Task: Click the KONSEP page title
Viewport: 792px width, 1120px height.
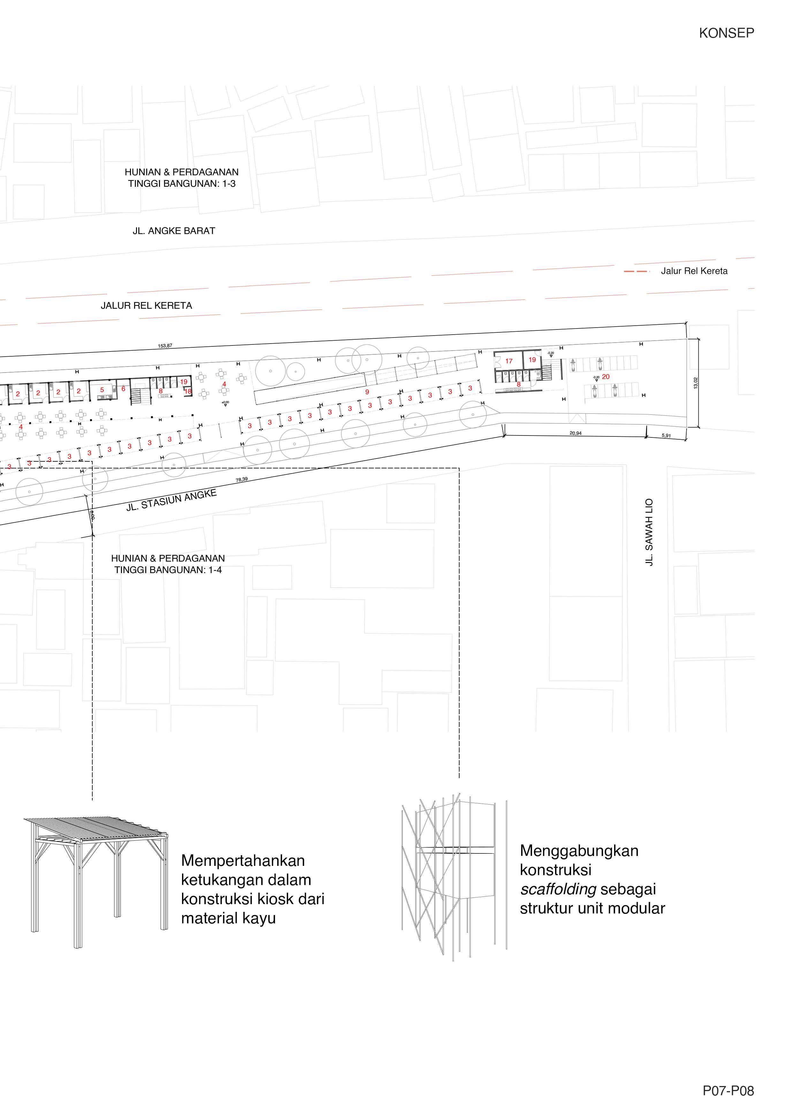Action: (726, 33)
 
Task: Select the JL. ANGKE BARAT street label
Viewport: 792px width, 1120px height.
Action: (174, 231)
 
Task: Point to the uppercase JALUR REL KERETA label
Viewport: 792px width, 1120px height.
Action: (146, 306)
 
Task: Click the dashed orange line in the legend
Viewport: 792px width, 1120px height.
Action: (637, 271)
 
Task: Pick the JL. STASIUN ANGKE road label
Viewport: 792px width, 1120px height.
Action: (171, 501)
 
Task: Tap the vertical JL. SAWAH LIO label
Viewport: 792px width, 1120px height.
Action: (649, 532)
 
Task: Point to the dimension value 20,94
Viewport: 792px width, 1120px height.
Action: (575, 433)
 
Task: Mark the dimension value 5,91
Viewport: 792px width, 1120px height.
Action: (666, 435)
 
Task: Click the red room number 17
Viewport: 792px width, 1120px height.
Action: (509, 361)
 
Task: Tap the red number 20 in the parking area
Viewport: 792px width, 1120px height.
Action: (605, 377)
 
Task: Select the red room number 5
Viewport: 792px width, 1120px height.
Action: (102, 390)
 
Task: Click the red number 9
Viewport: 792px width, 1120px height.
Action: (367, 392)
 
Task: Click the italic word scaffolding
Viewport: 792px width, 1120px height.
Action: (558, 889)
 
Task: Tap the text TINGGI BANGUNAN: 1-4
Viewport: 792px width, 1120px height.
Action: (168, 570)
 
